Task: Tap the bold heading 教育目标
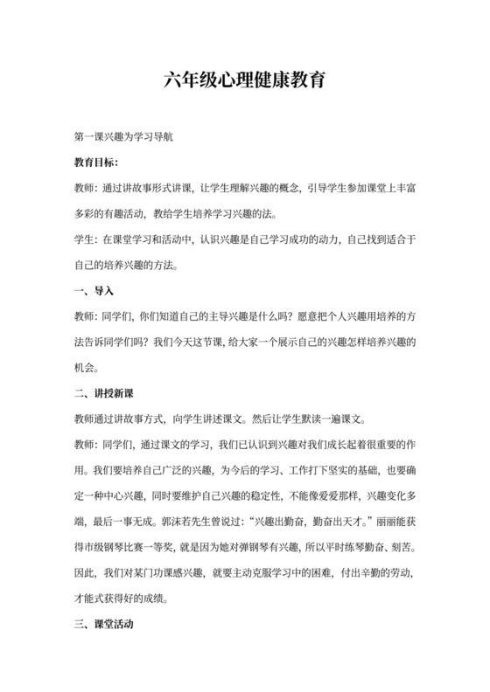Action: [101, 163]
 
